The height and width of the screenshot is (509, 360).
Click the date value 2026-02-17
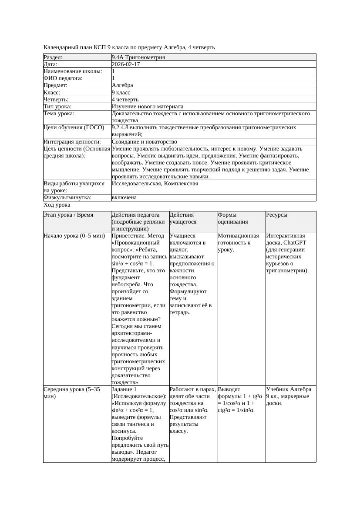[126, 64]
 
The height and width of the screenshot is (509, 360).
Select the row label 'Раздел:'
[53, 57]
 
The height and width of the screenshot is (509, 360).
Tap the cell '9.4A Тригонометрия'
[138, 57]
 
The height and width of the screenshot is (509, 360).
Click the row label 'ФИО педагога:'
[63, 78]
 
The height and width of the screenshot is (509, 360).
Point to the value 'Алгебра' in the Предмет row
[122, 85]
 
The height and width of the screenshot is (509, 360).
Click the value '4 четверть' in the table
[125, 99]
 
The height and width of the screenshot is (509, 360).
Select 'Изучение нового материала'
[148, 106]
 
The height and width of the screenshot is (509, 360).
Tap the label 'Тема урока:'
[59, 114]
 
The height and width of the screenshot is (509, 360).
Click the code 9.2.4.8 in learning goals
[122, 127]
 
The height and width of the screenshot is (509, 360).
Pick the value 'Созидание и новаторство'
[144, 141]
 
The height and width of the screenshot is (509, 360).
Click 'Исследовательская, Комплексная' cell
[155, 184]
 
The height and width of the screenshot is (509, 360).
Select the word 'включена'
[124, 198]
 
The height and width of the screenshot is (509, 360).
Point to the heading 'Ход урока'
[57, 204]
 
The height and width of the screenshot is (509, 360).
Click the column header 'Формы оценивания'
[233, 218]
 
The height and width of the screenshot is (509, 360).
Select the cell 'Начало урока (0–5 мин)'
[74, 236]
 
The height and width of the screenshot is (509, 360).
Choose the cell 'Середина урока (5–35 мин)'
[72, 393]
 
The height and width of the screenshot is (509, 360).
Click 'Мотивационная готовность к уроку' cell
[239, 243]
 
